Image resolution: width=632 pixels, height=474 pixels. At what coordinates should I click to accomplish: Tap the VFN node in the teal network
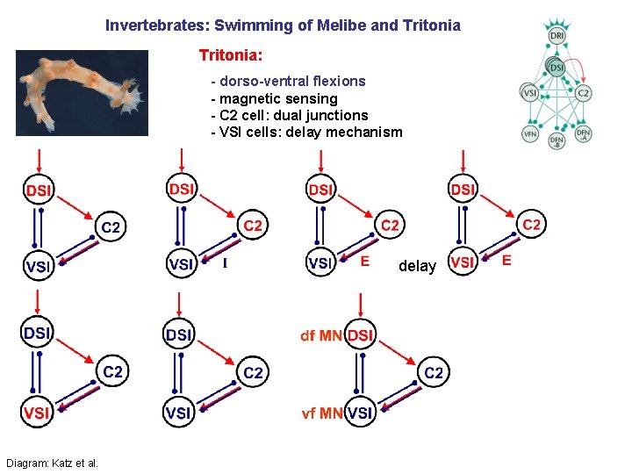point(530,134)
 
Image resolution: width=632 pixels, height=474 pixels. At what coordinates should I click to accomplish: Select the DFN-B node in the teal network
point(557,140)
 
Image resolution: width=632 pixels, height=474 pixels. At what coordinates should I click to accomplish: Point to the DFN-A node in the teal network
point(583,134)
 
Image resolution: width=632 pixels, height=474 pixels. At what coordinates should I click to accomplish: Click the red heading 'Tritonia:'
point(230,55)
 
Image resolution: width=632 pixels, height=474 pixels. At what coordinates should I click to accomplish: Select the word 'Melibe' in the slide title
point(324,25)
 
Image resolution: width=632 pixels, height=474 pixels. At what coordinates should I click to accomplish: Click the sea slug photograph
point(82,92)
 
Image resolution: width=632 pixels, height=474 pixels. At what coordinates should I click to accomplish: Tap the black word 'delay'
point(417,266)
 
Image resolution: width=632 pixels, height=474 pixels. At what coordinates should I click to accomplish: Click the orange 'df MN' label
point(320,335)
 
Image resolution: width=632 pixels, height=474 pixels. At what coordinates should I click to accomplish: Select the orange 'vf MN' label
point(321,412)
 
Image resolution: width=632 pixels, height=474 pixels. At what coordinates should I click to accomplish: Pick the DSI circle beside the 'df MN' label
point(360,335)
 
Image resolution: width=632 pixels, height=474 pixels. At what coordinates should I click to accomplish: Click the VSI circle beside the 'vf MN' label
point(359,412)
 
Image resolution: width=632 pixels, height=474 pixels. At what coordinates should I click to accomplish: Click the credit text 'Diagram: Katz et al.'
point(52,463)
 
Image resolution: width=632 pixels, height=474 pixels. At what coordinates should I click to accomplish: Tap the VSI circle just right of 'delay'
point(463,262)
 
